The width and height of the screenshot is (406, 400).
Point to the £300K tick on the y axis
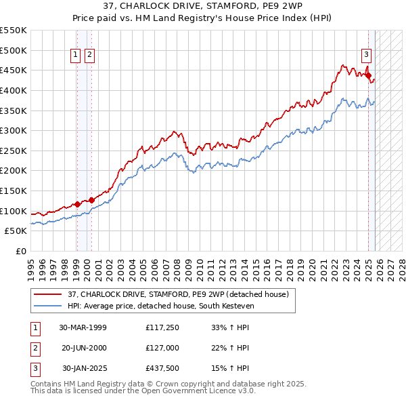[14, 130]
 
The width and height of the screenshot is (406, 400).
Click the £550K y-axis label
[14, 31]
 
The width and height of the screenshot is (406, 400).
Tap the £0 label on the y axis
[20, 251]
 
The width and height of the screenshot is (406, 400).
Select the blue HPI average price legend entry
[159, 306]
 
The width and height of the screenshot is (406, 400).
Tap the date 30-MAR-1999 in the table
[83, 327]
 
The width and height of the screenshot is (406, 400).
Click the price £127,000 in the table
[162, 348]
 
